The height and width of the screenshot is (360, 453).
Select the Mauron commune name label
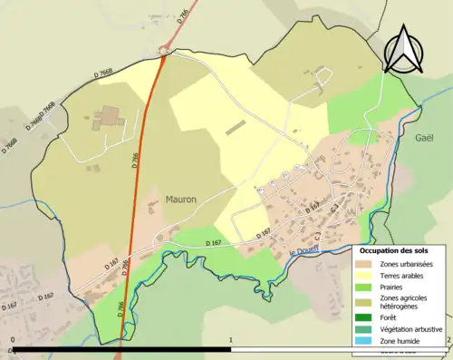coord(181,199)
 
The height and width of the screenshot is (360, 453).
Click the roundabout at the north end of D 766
coord(164,52)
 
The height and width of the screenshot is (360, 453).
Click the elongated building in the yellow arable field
coord(236,128)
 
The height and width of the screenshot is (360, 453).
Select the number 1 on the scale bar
coord(231,342)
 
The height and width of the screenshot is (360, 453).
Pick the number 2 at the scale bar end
coord(448,342)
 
